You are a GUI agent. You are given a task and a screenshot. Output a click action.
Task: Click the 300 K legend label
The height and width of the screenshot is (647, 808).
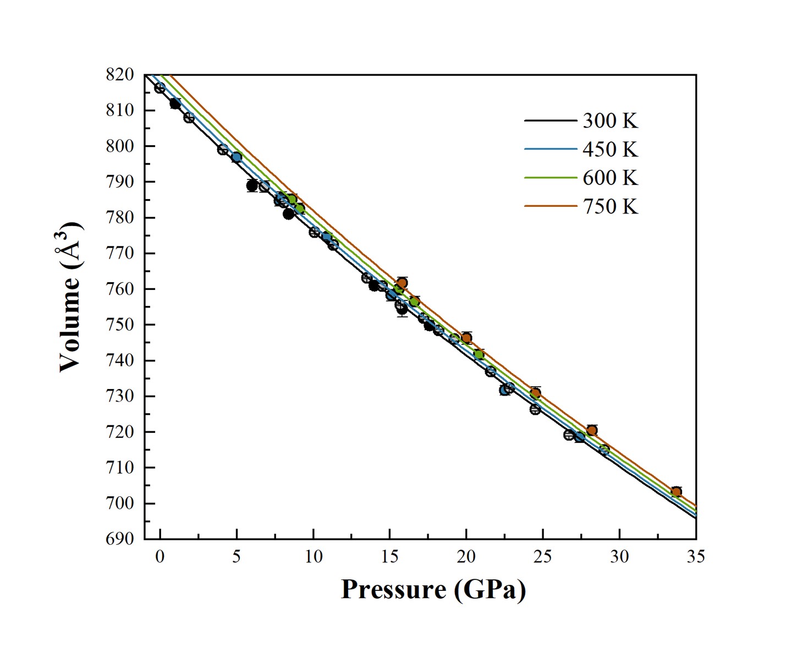(610, 121)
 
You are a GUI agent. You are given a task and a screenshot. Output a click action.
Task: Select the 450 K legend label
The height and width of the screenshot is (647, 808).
(610, 150)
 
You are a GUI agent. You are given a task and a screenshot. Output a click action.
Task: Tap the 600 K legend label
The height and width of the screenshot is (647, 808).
(610, 178)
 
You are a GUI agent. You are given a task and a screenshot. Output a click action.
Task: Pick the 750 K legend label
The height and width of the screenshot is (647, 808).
(610, 206)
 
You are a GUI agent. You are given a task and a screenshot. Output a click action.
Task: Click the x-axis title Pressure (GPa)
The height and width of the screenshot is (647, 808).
(433, 590)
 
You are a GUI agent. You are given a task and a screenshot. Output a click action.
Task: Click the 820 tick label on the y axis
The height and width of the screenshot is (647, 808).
(120, 75)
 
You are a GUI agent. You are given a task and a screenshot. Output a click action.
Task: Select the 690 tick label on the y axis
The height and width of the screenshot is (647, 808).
(120, 539)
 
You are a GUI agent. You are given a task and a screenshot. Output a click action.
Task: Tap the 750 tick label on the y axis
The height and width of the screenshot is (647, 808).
(120, 325)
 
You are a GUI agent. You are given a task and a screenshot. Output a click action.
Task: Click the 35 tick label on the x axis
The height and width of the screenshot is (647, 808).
(696, 557)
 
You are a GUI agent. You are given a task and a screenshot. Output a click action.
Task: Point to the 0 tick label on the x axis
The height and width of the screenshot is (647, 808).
(160, 557)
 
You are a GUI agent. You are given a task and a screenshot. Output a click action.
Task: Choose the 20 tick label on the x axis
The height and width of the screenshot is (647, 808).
(466, 557)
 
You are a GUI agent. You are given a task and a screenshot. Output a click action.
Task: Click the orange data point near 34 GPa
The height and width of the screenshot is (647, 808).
(676, 491)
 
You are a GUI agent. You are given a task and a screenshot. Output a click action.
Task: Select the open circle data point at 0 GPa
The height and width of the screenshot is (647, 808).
(160, 88)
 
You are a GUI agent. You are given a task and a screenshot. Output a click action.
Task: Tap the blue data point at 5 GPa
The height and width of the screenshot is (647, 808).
(237, 157)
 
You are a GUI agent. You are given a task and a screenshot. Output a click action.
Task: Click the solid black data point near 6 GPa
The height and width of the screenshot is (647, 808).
(252, 185)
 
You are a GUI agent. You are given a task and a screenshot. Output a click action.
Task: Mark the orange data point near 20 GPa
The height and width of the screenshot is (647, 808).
(466, 338)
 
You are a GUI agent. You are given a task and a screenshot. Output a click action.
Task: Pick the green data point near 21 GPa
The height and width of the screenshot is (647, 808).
(479, 354)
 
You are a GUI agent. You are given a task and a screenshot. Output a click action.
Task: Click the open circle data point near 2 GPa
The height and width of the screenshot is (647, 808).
(189, 118)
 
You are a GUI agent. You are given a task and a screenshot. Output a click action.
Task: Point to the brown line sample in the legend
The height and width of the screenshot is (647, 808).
(551, 206)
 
